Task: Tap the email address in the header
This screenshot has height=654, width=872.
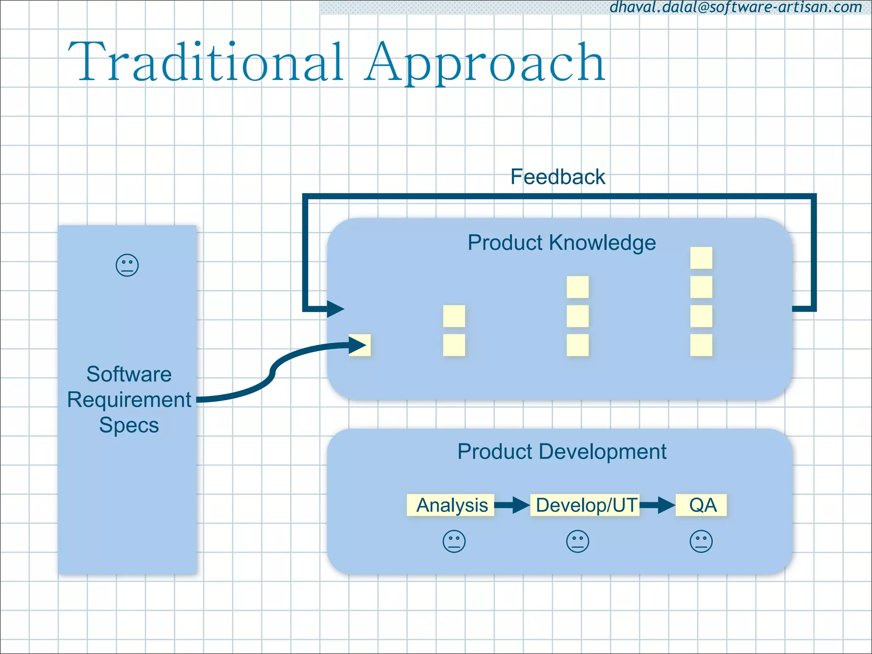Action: point(736,7)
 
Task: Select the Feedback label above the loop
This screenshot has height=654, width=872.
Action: point(557,177)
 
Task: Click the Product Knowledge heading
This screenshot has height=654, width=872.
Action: point(561,243)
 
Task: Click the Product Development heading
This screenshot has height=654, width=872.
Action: point(562,451)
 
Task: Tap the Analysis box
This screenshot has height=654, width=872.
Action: point(451,505)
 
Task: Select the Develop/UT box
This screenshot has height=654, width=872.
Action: point(585,505)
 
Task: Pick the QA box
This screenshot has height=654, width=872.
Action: point(702,505)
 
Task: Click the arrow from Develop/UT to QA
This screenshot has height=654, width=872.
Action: point(657,505)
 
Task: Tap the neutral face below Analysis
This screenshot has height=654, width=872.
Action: point(454,542)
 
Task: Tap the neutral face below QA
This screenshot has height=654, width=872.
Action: point(701,542)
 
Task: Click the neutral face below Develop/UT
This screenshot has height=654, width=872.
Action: point(577,542)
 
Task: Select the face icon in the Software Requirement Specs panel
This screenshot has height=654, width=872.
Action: point(127,266)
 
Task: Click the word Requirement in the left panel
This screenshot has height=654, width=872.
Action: point(129,400)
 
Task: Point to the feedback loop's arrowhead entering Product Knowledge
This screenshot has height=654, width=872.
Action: point(336,309)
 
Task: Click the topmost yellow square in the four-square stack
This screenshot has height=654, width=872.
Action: point(701,258)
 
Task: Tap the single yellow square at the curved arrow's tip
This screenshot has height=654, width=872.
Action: point(360,345)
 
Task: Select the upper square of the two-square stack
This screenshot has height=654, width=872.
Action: point(454,316)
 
